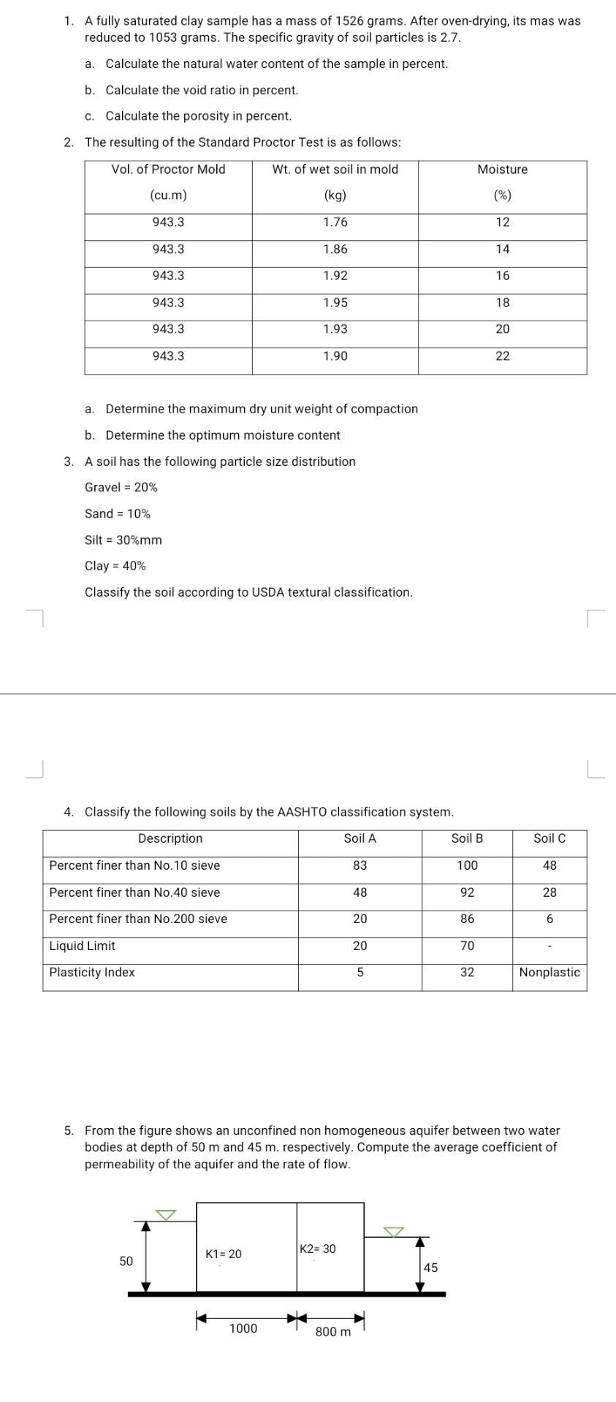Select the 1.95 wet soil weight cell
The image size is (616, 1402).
tap(335, 302)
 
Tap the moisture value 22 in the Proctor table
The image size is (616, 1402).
tap(503, 356)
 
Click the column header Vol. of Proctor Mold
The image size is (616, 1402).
tap(168, 169)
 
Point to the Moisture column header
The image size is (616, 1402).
tap(503, 169)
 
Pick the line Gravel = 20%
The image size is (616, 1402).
tap(121, 487)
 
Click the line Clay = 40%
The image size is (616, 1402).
tap(115, 566)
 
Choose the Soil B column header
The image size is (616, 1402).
tap(467, 838)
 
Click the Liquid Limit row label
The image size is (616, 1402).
tap(82, 946)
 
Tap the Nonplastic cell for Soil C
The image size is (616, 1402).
tap(550, 972)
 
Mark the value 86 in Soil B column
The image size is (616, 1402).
tap(467, 919)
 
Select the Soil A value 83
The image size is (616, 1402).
tap(360, 865)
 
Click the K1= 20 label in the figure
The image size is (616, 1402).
tap(224, 1254)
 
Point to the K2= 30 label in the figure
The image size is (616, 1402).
tap(318, 1249)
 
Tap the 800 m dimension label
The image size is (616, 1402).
tap(333, 1332)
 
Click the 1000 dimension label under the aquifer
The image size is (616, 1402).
tap(243, 1328)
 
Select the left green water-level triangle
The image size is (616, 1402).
tap(167, 1215)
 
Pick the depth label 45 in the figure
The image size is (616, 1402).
tap(431, 1268)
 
